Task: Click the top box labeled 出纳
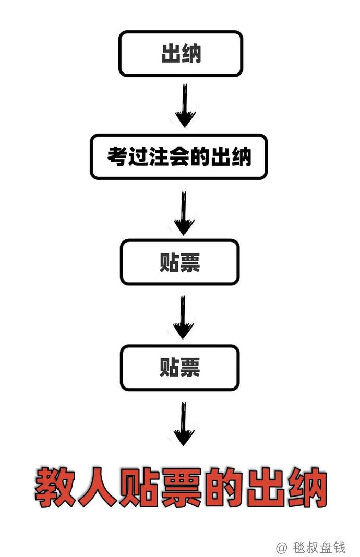tap(181, 54)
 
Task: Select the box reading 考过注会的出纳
tap(178, 156)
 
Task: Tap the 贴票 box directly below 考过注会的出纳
tap(179, 262)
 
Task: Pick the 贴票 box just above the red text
tap(179, 368)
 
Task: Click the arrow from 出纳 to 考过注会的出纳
tap(185, 105)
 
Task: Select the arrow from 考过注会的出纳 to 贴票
tap(184, 213)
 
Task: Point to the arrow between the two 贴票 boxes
tap(183, 317)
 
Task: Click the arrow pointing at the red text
tap(184, 424)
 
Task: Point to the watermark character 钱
tap(339, 547)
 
